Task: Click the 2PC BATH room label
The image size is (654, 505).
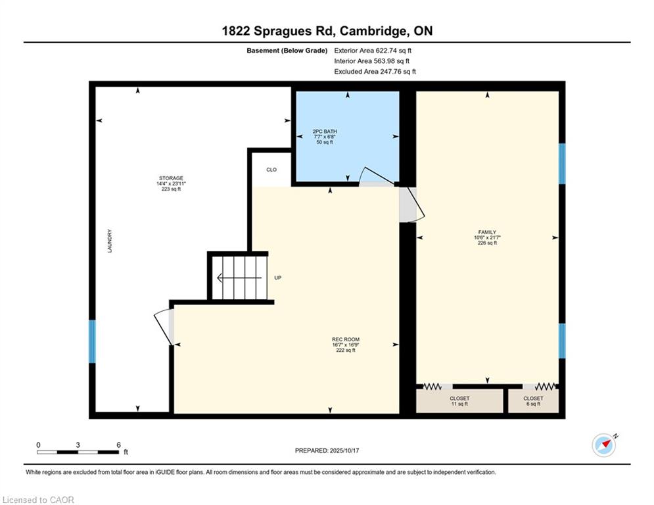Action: tap(325, 132)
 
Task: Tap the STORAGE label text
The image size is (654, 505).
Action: tap(171, 178)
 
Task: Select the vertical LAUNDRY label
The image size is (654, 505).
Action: tap(110, 241)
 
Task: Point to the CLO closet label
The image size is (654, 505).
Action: tap(271, 170)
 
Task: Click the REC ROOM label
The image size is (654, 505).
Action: tap(346, 339)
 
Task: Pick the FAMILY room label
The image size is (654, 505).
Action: tap(487, 232)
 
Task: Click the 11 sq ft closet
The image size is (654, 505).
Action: tap(459, 400)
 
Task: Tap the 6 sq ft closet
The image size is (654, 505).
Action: tap(534, 400)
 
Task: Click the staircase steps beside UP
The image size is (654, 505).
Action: tap(239, 277)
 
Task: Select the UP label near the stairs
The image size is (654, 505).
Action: tap(278, 277)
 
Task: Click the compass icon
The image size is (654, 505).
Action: tap(604, 445)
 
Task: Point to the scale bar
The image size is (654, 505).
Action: tap(78, 452)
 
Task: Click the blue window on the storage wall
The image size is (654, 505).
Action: tap(92, 341)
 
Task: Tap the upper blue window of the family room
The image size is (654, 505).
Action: tap(562, 164)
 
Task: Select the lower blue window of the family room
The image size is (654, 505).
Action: tap(562, 341)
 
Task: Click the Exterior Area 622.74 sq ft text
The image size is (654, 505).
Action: tap(373, 51)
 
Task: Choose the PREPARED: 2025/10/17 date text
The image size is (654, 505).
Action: tap(327, 450)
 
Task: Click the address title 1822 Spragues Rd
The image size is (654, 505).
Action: tap(279, 31)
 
